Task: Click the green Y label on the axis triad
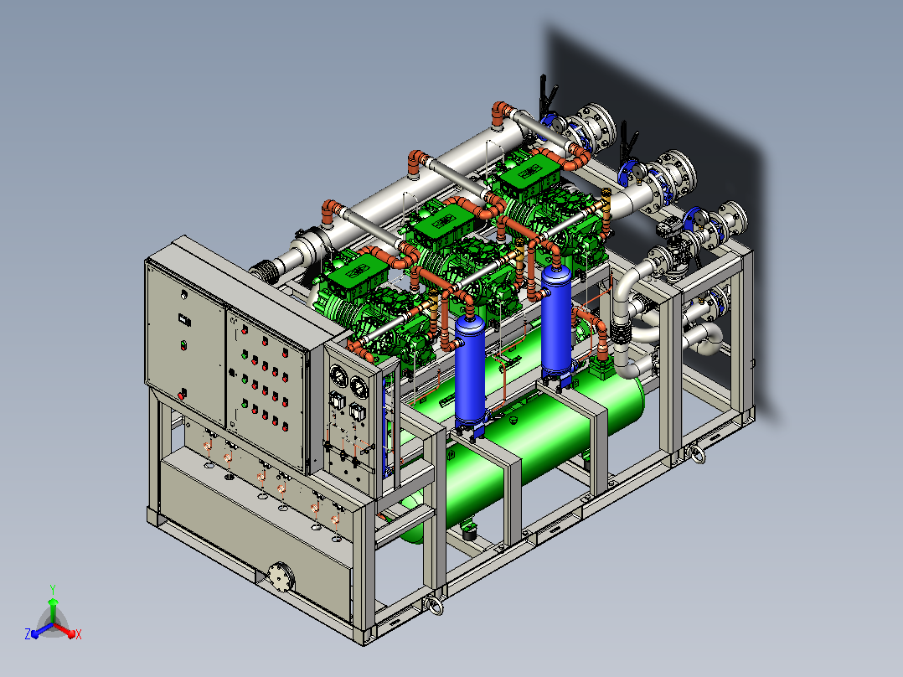[x=53, y=589]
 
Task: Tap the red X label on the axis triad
[x=79, y=634]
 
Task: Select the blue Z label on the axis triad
[x=28, y=634]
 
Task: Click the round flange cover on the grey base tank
[x=281, y=576]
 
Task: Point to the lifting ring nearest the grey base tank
[x=434, y=606]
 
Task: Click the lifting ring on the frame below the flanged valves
[x=697, y=454]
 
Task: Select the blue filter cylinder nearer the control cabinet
[x=470, y=372]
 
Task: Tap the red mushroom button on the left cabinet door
[x=182, y=395]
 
